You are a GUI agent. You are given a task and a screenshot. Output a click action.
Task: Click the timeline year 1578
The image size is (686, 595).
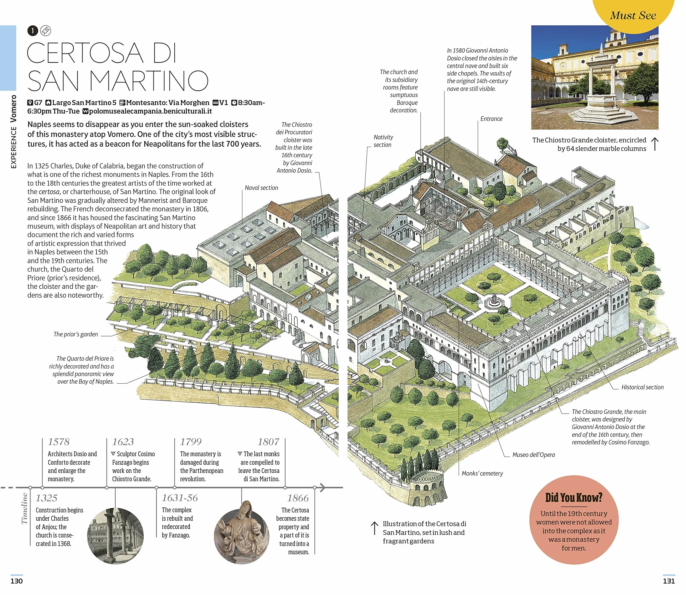tap(58, 442)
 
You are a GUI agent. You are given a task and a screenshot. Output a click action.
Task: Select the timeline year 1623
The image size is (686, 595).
tap(123, 442)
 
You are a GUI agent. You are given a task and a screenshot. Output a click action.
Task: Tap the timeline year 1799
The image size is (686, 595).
tap(191, 442)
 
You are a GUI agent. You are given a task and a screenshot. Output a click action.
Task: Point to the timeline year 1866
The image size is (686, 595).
tap(298, 498)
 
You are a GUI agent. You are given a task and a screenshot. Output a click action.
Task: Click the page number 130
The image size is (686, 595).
tap(17, 581)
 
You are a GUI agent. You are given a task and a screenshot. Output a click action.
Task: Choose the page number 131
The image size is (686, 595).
tap(669, 581)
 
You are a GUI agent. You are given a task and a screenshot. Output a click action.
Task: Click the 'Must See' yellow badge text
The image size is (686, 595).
tap(633, 15)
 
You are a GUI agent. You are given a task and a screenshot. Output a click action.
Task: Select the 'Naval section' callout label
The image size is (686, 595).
tap(261, 188)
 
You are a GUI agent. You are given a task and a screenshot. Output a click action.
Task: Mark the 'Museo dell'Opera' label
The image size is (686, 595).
tap(533, 455)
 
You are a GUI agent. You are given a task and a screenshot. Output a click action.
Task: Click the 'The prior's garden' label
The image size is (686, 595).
tap(76, 334)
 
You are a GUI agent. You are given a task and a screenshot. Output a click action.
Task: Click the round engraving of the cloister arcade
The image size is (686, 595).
tap(115, 535)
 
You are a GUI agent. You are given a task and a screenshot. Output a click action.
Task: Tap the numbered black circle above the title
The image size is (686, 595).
tap(32, 31)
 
